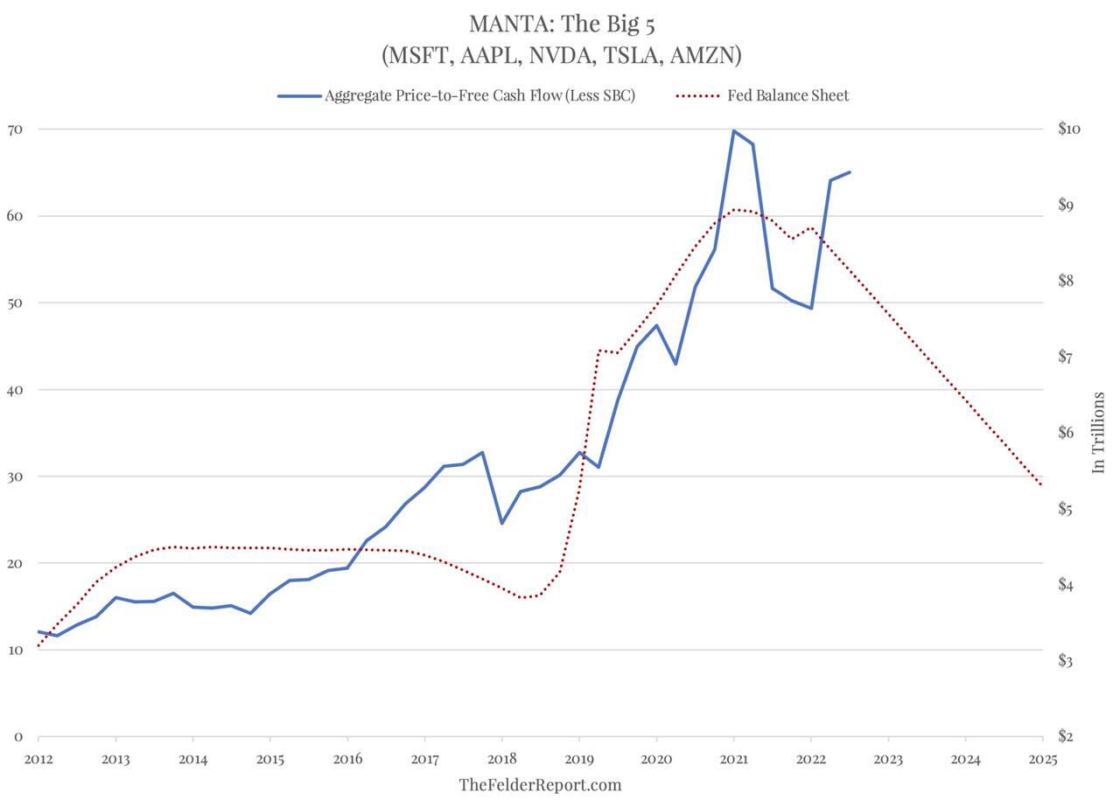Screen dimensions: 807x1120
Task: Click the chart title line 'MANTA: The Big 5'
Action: pyautogui.click(x=561, y=23)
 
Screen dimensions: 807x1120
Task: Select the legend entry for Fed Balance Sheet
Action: pyautogui.click(x=787, y=95)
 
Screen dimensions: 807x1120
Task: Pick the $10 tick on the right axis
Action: pyautogui.click(x=1069, y=129)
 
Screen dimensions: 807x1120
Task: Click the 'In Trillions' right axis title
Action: pyautogui.click(x=1099, y=433)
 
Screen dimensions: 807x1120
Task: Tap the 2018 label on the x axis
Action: pyautogui.click(x=501, y=759)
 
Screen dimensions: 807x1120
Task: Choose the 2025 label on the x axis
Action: pyautogui.click(x=1042, y=759)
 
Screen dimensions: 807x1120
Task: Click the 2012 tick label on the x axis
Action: pyautogui.click(x=38, y=759)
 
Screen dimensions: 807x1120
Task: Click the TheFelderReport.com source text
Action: pyautogui.click(x=540, y=784)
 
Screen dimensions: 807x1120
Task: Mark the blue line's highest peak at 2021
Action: pyautogui.click(x=733, y=130)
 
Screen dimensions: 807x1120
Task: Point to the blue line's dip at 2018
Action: pyautogui.click(x=501, y=523)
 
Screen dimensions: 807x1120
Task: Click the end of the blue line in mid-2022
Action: pyautogui.click(x=850, y=172)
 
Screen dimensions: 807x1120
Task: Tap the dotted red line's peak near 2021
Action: pyautogui.click(x=735, y=210)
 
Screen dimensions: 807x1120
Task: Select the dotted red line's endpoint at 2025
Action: pyautogui.click(x=1041, y=485)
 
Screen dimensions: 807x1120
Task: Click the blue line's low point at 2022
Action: pyautogui.click(x=811, y=308)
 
